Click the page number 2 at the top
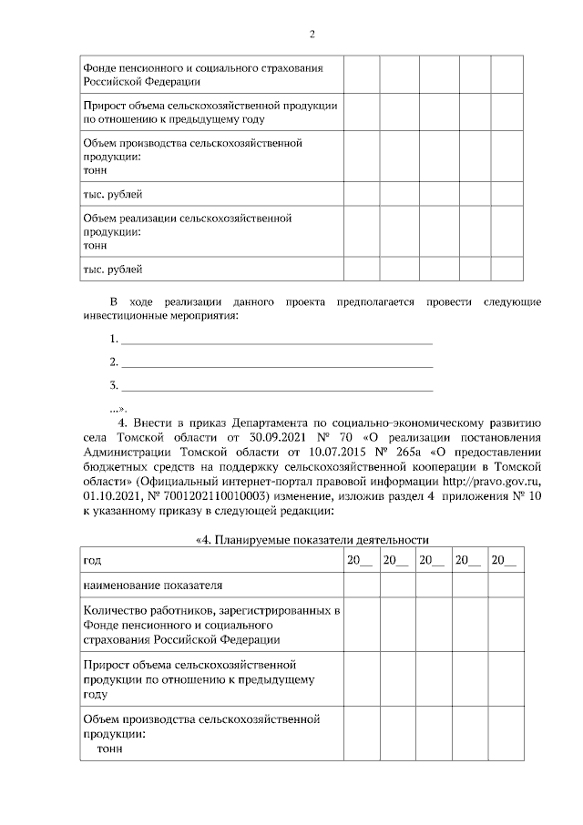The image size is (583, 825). pyautogui.click(x=312, y=35)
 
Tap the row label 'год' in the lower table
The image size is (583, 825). pyautogui.click(x=92, y=559)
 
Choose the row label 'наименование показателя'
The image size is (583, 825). pyautogui.click(x=152, y=585)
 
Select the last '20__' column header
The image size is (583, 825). pyautogui.click(x=503, y=559)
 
